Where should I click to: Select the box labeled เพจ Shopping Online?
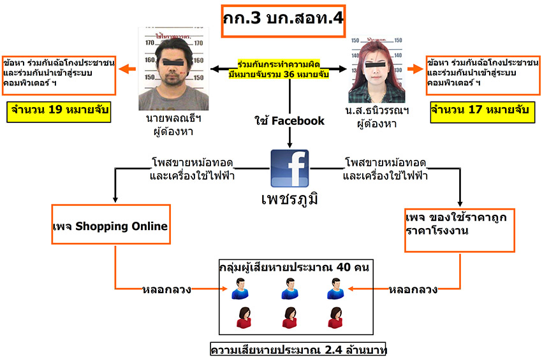[x=110, y=224]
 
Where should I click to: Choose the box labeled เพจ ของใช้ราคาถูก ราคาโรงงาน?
[x=459, y=227]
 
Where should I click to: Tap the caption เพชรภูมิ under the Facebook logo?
[x=289, y=198]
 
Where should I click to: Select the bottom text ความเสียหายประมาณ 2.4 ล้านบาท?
[x=298, y=350]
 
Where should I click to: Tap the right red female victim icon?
[x=335, y=317]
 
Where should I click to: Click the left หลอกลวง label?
[x=166, y=289]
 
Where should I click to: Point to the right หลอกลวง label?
[x=413, y=289]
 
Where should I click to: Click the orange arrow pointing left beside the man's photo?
[x=128, y=69]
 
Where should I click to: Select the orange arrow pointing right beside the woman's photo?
[x=416, y=68]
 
